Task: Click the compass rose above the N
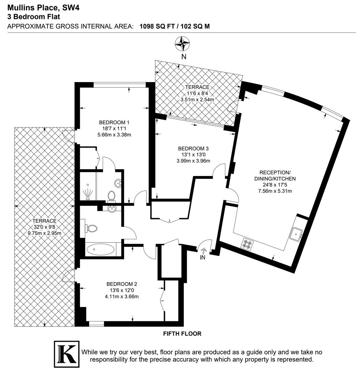pyautogui.click(x=183, y=44)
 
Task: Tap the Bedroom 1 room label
pyautogui.click(x=114, y=122)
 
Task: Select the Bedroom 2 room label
pyautogui.click(x=122, y=284)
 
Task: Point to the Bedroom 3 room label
pyautogui.click(x=193, y=148)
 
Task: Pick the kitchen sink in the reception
pyautogui.click(x=296, y=234)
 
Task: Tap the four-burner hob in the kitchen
pyautogui.click(x=247, y=244)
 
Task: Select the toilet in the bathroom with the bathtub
pyautogui.click(x=91, y=228)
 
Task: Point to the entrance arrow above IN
pyautogui.click(x=203, y=250)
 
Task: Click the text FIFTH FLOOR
pyautogui.click(x=182, y=333)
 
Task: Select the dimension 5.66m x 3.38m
pyautogui.click(x=114, y=135)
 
